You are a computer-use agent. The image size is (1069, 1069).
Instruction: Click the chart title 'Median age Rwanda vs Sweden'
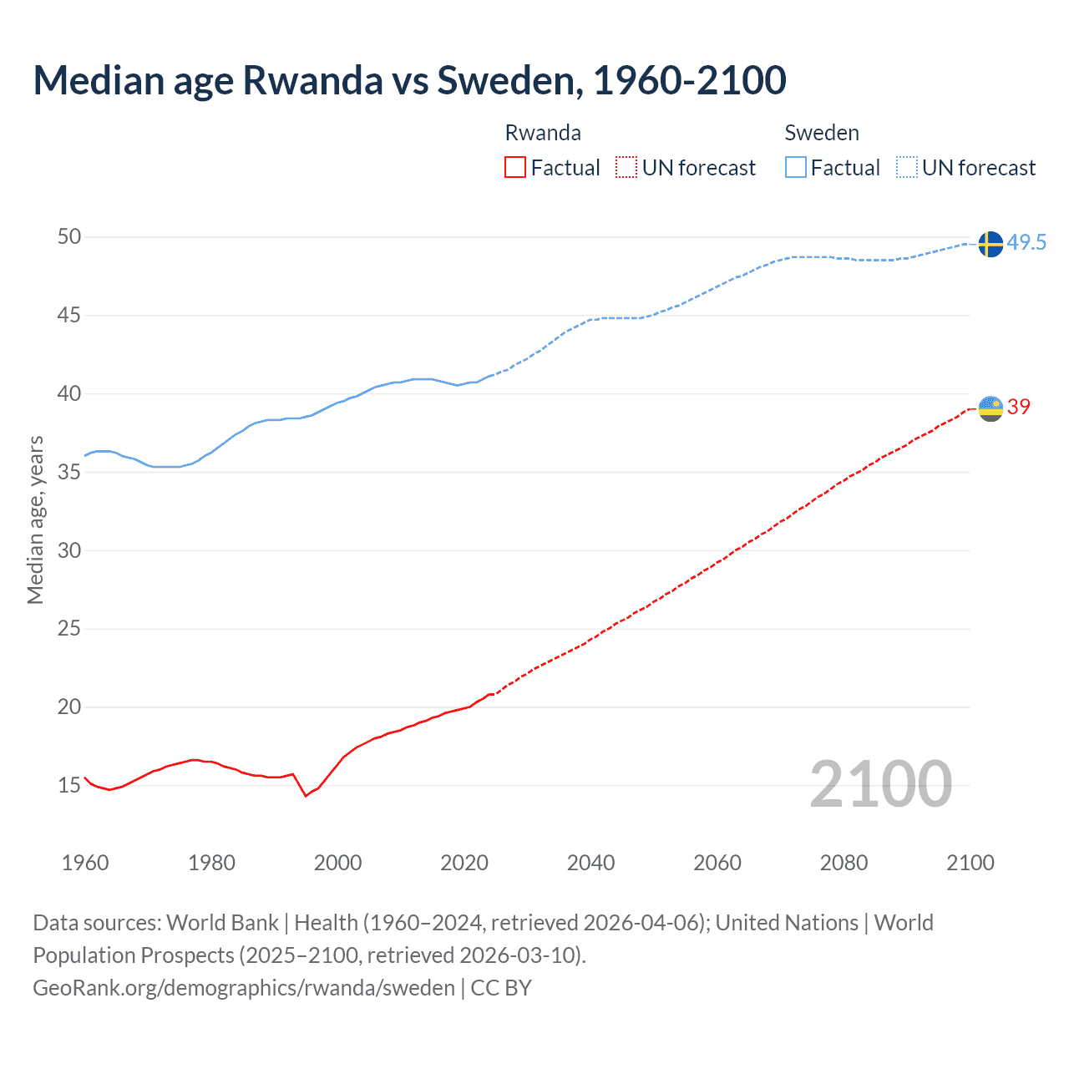409,80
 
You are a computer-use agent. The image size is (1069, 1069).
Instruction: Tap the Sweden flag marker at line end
990,244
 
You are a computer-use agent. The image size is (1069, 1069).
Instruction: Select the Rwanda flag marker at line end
990,408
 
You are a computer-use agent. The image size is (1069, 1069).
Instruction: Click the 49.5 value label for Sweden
1026,243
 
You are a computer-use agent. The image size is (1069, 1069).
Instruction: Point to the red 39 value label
1019,408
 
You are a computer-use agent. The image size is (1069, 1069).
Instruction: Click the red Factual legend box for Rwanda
515,168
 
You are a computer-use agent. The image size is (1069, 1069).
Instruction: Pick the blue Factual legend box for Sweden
795,168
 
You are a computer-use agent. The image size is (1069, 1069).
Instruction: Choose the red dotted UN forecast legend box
626,168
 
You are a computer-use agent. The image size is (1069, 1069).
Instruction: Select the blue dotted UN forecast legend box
906,168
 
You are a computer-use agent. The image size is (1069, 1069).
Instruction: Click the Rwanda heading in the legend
543,133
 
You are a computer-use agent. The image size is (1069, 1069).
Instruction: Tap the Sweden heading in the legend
822,133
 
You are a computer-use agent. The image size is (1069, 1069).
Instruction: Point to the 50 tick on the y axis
69,237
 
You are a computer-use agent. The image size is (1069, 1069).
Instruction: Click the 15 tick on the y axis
69,786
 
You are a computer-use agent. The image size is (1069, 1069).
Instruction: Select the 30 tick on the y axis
69,550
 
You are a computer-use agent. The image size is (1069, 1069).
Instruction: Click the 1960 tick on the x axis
85,863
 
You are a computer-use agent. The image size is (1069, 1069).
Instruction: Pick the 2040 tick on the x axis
590,863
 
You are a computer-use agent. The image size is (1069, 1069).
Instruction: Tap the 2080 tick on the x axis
844,863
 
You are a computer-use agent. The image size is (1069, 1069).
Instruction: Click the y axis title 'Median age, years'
35,519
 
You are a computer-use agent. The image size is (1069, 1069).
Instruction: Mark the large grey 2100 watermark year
880,784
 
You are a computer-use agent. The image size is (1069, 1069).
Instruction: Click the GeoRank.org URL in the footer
244,988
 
